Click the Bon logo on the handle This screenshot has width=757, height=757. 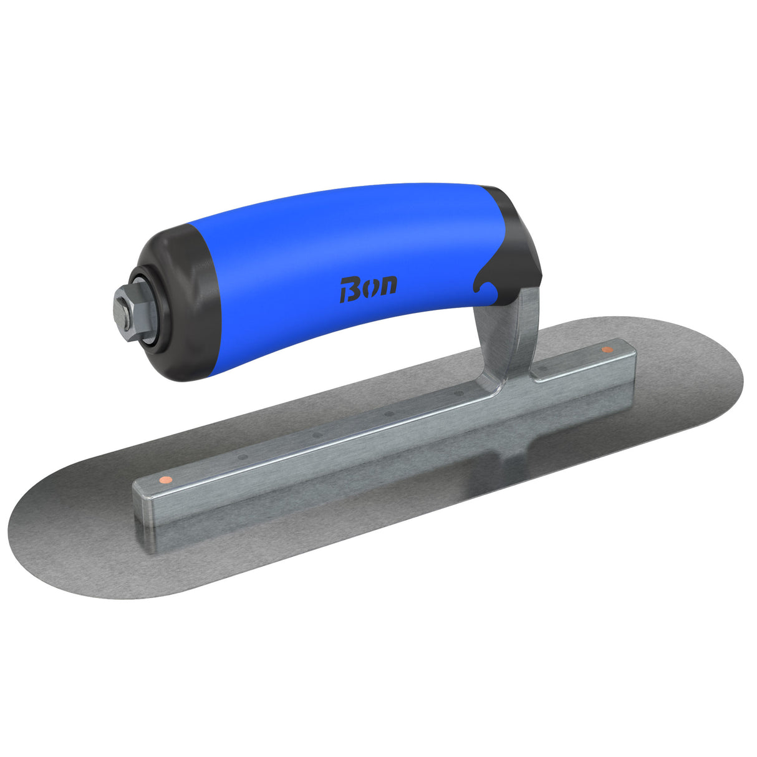[x=368, y=289]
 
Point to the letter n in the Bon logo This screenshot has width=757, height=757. [x=387, y=286]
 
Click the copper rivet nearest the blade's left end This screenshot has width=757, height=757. [x=165, y=479]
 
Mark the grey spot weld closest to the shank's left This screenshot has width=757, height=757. [x=460, y=393]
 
